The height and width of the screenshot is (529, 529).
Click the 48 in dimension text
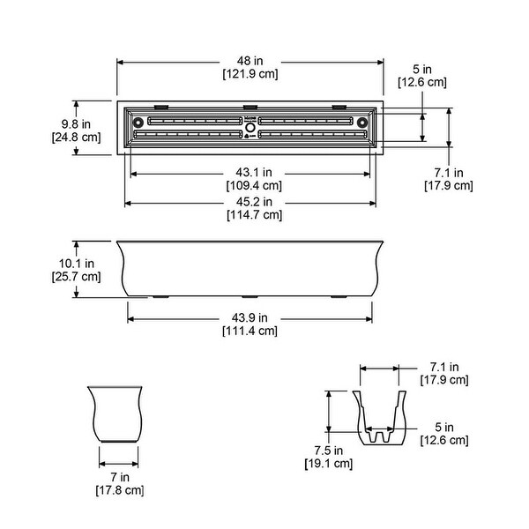tap(250, 61)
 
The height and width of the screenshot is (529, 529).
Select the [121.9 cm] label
tap(250, 74)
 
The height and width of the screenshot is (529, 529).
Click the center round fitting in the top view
tap(250, 128)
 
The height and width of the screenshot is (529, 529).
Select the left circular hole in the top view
tap(138, 123)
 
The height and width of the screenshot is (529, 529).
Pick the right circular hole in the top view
tap(362, 123)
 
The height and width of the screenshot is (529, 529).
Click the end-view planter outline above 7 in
tap(116, 414)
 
